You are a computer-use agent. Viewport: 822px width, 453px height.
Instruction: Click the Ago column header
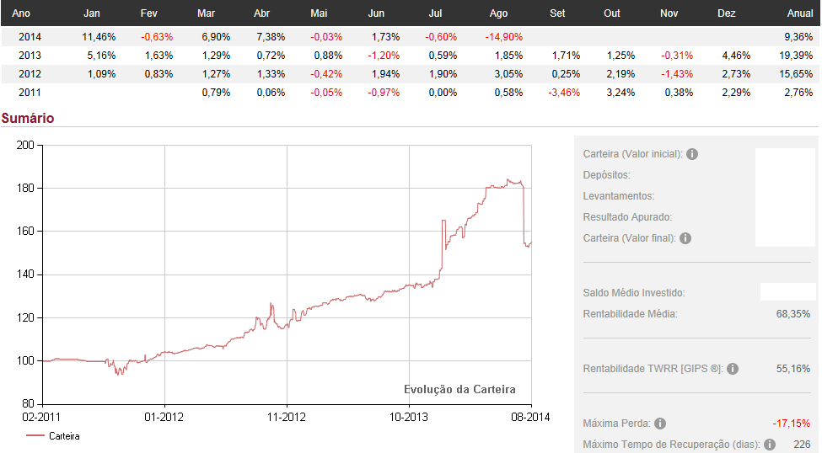click(498, 13)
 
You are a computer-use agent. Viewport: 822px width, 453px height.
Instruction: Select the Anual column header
click(799, 13)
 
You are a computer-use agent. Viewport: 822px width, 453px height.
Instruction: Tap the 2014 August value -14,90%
click(504, 37)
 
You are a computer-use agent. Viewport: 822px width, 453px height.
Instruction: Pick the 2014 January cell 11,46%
click(99, 37)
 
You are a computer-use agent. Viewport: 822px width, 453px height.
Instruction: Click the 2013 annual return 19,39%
click(797, 56)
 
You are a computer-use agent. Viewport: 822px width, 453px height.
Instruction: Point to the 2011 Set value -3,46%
click(564, 93)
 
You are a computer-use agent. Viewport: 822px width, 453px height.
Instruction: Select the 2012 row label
click(30, 74)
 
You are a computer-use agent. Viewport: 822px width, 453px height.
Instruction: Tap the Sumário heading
click(28, 118)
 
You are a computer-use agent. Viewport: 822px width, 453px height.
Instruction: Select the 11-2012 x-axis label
click(286, 417)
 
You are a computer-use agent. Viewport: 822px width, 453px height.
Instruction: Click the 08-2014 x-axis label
click(530, 417)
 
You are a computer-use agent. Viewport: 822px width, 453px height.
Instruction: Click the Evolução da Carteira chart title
click(459, 389)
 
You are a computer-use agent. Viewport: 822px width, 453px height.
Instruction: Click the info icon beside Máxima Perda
click(660, 424)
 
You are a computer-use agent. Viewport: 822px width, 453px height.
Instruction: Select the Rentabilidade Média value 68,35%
click(792, 314)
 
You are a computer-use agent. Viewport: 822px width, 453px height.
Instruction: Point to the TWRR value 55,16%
click(792, 369)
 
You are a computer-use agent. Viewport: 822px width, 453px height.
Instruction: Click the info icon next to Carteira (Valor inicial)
click(692, 154)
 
